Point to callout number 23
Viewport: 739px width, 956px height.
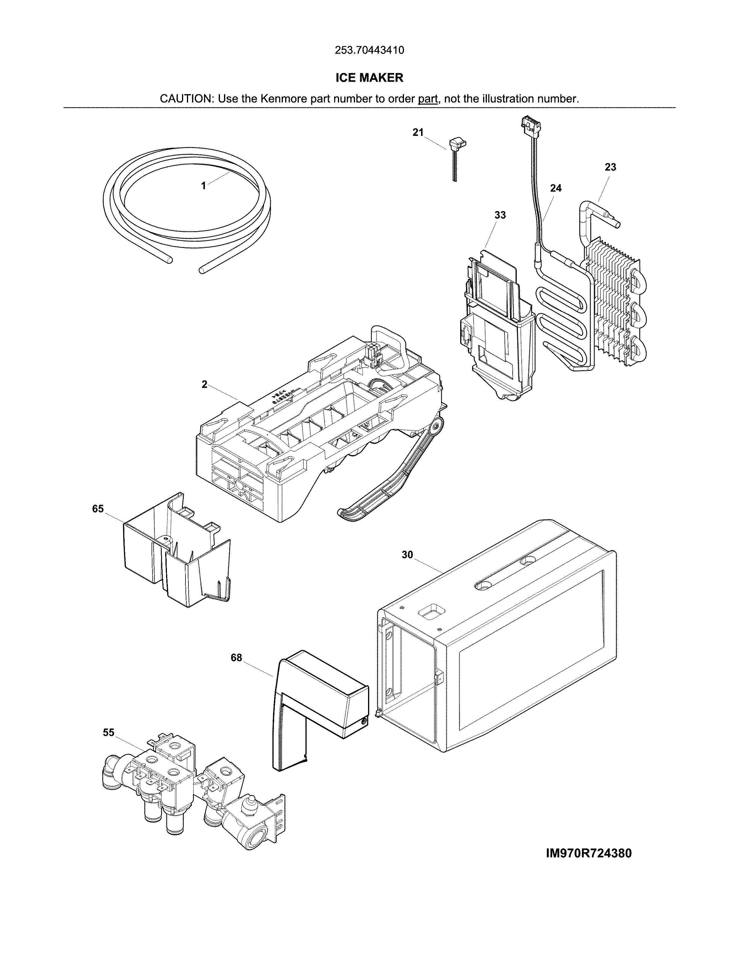pyautogui.click(x=610, y=167)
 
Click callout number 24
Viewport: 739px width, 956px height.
pyautogui.click(x=556, y=188)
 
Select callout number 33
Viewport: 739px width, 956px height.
pyautogui.click(x=500, y=215)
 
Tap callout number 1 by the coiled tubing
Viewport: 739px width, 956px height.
pyautogui.click(x=203, y=186)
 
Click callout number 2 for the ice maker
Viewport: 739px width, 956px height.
pyautogui.click(x=204, y=385)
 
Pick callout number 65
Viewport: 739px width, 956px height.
pyautogui.click(x=98, y=509)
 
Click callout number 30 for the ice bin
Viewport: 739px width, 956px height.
pyautogui.click(x=407, y=555)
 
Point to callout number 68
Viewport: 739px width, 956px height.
pyautogui.click(x=236, y=670)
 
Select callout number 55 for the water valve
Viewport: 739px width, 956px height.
pyautogui.click(x=109, y=733)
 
